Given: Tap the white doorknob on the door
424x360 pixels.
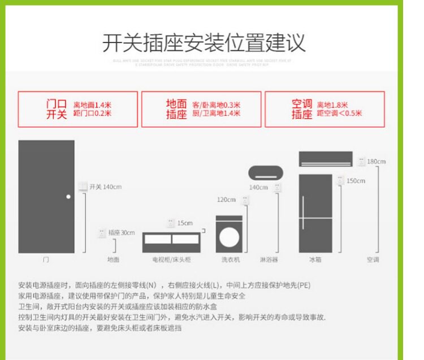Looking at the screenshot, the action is (68, 197).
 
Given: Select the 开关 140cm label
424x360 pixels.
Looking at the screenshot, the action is (105, 186).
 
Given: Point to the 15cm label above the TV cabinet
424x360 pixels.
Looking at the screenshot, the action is (184, 223).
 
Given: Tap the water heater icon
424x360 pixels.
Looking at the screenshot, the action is (265, 172).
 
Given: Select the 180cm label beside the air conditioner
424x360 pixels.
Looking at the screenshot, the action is (376, 162).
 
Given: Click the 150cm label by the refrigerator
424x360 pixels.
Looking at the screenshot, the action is (356, 181).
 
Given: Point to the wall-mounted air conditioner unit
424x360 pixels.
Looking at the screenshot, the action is (325, 159).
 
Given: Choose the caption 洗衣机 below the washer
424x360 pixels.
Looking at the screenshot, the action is (230, 260).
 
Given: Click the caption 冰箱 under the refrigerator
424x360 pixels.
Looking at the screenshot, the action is (315, 260).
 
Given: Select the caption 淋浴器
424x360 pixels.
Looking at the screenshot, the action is (269, 260).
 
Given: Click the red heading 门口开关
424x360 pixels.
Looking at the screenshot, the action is (56, 109).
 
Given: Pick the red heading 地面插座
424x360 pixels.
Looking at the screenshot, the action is (176, 109).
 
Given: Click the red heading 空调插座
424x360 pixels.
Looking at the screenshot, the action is (302, 109).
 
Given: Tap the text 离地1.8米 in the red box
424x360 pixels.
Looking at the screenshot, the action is (332, 105).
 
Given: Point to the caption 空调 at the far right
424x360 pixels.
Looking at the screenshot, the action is (373, 260).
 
